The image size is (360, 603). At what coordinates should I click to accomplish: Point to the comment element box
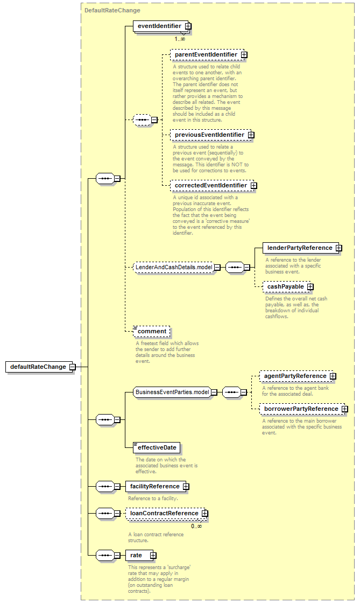click(x=151, y=332)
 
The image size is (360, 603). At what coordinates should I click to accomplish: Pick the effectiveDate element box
click(x=157, y=447)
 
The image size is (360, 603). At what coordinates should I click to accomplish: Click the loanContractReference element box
click(x=165, y=514)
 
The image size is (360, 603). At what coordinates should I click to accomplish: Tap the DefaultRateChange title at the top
click(x=112, y=10)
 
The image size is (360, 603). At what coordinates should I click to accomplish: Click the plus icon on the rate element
click(x=153, y=555)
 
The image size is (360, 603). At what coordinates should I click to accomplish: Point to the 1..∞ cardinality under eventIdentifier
click(x=180, y=39)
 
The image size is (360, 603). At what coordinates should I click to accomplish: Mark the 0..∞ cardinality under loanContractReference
click(x=196, y=526)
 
